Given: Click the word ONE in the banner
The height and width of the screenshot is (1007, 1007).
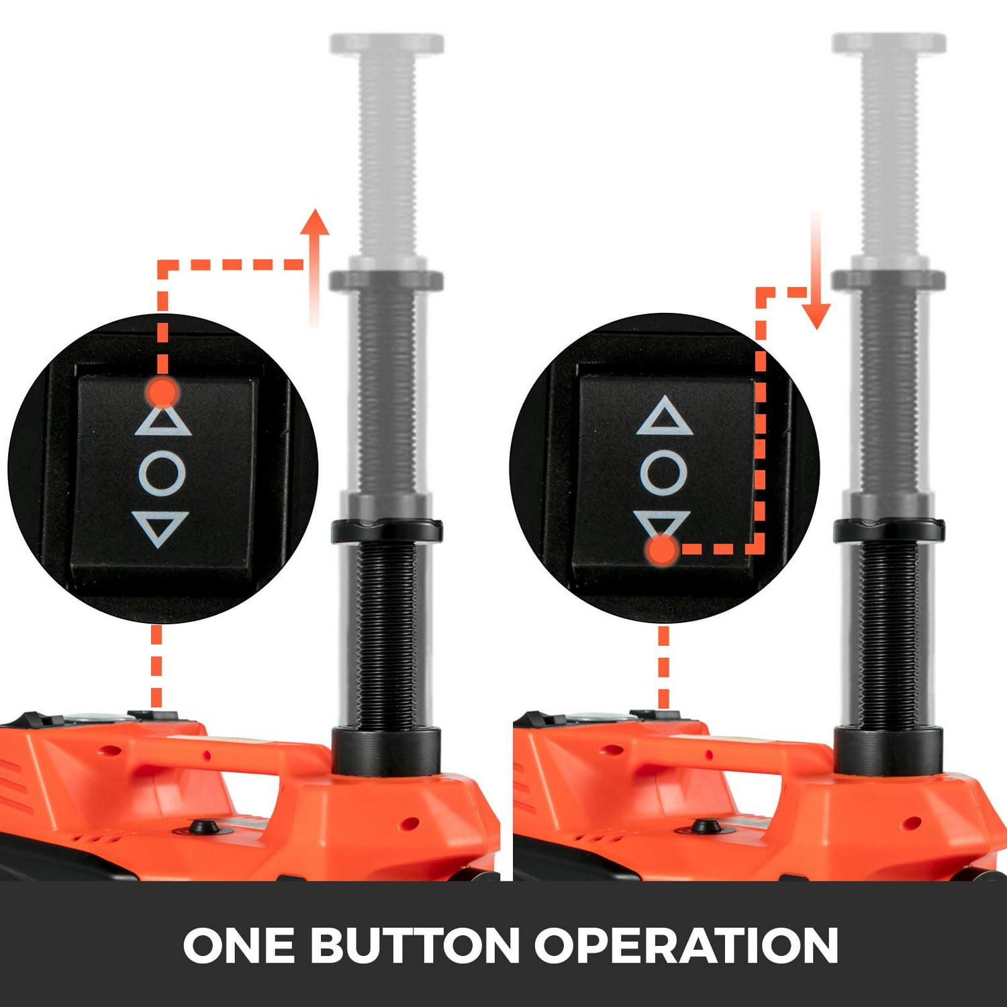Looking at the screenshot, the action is pyautogui.click(x=238, y=945).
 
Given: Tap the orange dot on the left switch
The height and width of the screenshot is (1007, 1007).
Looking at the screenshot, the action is pyautogui.click(x=162, y=391).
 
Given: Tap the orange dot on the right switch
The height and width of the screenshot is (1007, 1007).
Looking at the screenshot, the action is pyautogui.click(x=663, y=550).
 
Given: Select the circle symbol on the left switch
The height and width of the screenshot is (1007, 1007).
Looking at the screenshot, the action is pyautogui.click(x=162, y=473).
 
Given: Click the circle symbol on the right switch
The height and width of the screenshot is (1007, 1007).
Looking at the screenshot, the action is pyautogui.click(x=663, y=472).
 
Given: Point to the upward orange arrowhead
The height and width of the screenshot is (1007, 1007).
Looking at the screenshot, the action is pyautogui.click(x=315, y=223).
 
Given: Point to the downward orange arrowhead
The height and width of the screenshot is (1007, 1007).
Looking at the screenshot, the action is pyautogui.click(x=816, y=316).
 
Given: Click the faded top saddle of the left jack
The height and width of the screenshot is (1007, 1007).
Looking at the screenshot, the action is pyautogui.click(x=387, y=44).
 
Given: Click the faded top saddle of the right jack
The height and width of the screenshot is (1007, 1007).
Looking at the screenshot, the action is pyautogui.click(x=889, y=44).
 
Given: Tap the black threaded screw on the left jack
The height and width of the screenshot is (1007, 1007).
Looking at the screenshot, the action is pyautogui.click(x=386, y=634).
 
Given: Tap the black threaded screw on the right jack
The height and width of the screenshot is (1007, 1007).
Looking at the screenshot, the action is pyautogui.click(x=889, y=634).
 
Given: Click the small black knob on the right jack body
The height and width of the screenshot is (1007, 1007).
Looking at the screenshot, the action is pyautogui.click(x=704, y=827).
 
